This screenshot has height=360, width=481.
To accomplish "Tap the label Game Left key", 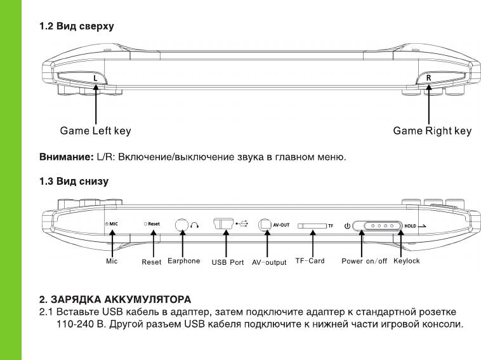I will (95, 131).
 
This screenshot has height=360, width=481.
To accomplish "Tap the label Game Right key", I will (432, 131).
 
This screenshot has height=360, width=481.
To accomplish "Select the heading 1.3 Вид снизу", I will (74, 181).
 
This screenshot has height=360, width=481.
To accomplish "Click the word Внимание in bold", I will (66, 156).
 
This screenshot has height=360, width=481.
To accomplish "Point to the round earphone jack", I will (183, 225).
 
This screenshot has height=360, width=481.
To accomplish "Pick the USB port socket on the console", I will (223, 224).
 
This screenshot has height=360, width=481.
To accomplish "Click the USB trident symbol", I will (242, 224).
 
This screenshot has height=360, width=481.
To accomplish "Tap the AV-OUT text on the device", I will (281, 225).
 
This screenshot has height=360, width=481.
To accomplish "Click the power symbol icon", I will (346, 225).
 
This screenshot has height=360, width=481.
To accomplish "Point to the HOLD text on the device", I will (411, 225).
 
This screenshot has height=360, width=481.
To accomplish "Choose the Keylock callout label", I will (406, 261).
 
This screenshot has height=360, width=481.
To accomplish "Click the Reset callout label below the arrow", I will (152, 262).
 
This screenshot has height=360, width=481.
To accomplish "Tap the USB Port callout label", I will (228, 262).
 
